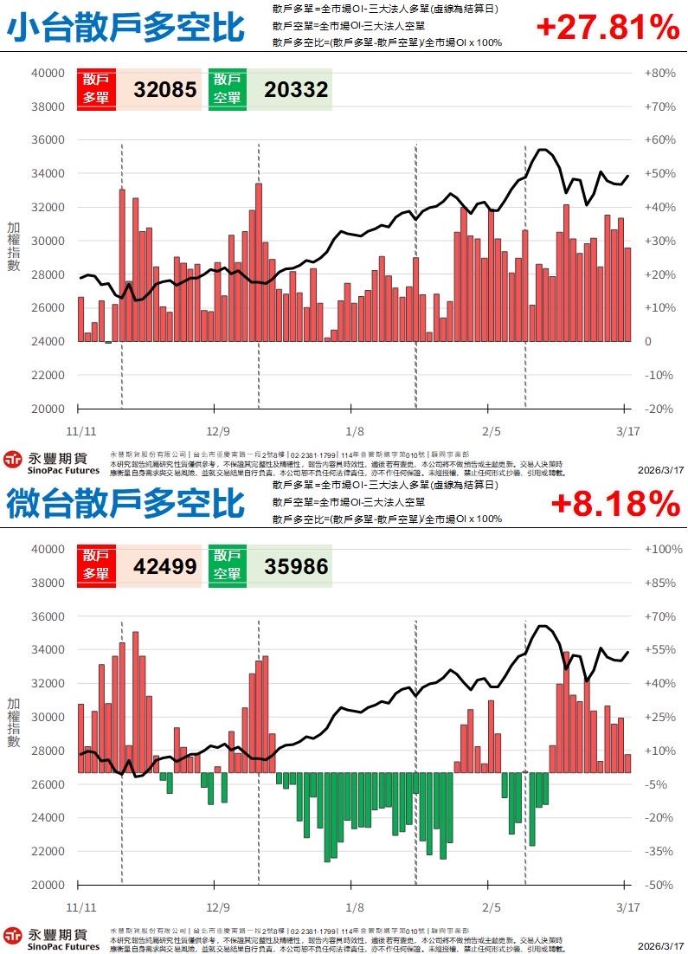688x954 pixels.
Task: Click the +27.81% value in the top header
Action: point(608,28)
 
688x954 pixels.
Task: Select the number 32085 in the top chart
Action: point(165,90)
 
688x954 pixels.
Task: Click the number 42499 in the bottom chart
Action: point(165,566)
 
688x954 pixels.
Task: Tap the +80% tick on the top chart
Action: point(659,74)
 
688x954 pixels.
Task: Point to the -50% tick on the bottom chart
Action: point(659,886)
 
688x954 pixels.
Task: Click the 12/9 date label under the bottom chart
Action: point(219,906)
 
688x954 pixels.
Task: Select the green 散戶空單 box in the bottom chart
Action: point(228,566)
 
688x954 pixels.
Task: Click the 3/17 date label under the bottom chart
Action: point(627,906)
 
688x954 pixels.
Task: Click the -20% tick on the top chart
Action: point(659,409)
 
